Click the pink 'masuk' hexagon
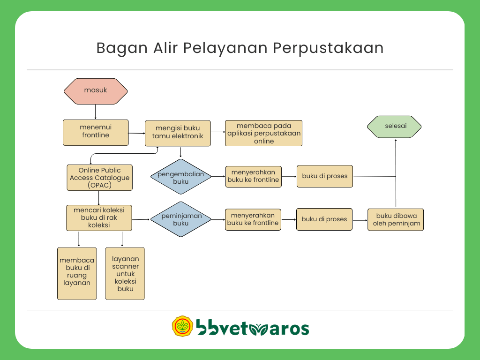pos(96,91)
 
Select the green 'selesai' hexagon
pos(394,127)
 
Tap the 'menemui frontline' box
pos(96,133)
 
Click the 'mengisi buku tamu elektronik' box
pos(178,133)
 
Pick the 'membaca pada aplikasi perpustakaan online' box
pos(263,133)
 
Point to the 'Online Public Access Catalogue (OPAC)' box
pos(99,178)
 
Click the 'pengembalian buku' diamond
pos(181,177)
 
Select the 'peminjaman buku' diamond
pos(181,219)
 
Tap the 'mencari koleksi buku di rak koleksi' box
pos(99,217)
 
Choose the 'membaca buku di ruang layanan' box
pos(77,273)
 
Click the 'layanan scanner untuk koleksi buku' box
pos(125,273)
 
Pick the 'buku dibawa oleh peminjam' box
pos(396,219)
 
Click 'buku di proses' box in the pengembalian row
pos(325,176)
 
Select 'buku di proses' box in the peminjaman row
pos(324,219)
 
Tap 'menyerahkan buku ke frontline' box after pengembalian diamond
pos(254,177)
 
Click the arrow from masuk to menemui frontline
pos(96,112)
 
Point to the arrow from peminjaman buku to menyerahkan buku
pos(218,219)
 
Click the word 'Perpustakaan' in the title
pos(328,48)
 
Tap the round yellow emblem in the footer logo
pos(182,326)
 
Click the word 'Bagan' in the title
pos(122,48)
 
